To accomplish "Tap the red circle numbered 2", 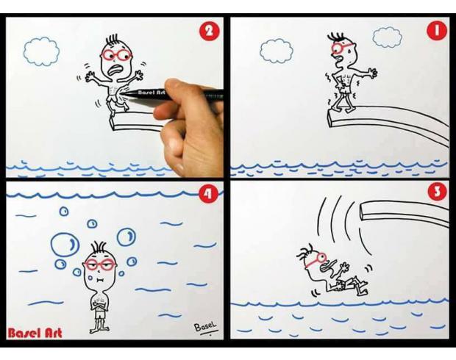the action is coord(209,31).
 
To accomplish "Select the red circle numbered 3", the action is coord(437,192).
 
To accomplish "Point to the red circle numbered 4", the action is coord(208,194).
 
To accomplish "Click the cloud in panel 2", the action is coord(42,51).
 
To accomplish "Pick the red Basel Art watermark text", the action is coord(35,333).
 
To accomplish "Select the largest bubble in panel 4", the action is coord(65,244).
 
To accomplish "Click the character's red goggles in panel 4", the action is coord(99,264).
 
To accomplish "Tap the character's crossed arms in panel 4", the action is coord(99,306).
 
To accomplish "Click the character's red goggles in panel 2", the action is coord(116,54).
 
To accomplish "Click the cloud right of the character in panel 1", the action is coord(388,37).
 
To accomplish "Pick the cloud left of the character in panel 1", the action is coord(276,51).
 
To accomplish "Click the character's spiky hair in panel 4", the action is coord(99,247).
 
